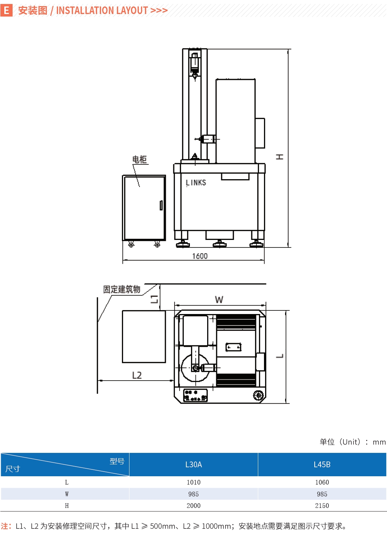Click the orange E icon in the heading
point(6,10)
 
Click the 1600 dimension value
point(200,256)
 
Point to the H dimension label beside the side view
point(279,157)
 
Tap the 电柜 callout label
point(140,159)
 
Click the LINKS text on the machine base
point(196,183)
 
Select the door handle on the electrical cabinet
point(161,205)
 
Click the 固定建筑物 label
point(122,289)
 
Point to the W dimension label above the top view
point(219,300)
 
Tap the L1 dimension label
point(154,299)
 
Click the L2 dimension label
point(137,375)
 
